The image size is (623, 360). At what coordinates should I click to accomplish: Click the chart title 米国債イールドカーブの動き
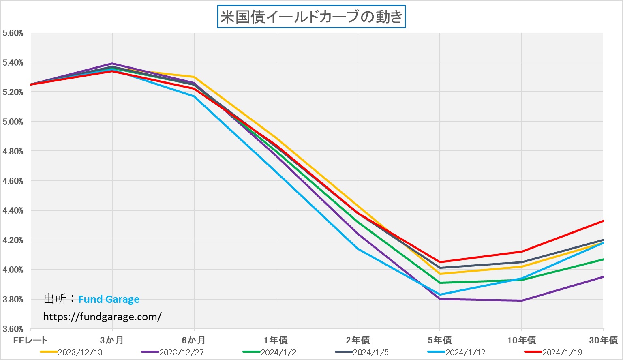click(311, 17)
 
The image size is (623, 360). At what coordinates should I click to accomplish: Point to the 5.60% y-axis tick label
click(13, 33)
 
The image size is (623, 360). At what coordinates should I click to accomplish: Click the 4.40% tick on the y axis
click(13, 211)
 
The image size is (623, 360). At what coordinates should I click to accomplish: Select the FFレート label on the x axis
click(30, 341)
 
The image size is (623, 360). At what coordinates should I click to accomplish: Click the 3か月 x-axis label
click(112, 341)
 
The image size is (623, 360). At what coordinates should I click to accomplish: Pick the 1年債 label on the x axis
click(276, 341)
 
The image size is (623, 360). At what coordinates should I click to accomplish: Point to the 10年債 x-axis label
click(522, 341)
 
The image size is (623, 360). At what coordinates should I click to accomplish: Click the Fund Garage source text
click(109, 300)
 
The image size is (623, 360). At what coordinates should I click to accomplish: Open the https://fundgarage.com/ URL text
click(102, 317)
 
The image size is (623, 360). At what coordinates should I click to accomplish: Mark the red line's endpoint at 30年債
click(603, 221)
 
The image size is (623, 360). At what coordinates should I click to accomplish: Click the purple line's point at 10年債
click(522, 300)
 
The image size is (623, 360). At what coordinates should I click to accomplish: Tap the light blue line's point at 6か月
click(194, 96)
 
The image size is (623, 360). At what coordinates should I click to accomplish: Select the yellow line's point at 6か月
click(194, 77)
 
